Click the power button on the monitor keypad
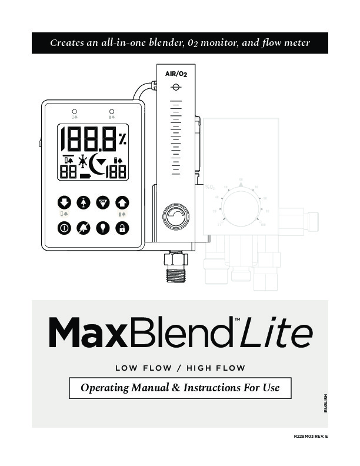click(x=64, y=228)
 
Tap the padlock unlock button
click(x=122, y=228)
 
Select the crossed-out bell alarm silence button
click(x=84, y=228)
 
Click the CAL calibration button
click(x=102, y=202)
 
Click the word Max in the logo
click(x=88, y=333)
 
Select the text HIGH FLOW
click(x=215, y=368)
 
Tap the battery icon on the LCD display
click(x=86, y=175)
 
